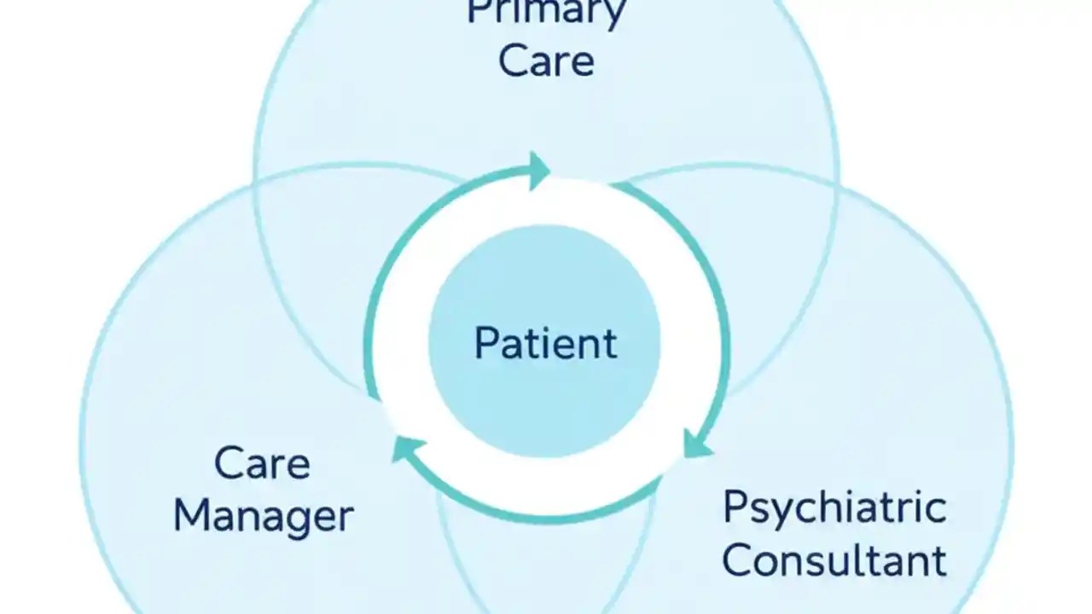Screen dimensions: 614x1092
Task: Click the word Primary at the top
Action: click(546, 12)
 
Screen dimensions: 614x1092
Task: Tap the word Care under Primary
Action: click(546, 61)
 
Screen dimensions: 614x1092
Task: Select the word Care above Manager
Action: click(262, 464)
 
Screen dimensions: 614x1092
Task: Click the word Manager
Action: click(264, 516)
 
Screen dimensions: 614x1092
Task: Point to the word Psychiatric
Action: click(834, 507)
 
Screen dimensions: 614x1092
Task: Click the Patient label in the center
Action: click(545, 343)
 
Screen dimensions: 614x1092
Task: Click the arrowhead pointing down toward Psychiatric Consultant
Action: click(698, 443)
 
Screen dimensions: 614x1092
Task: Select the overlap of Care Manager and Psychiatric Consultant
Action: click(546, 563)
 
